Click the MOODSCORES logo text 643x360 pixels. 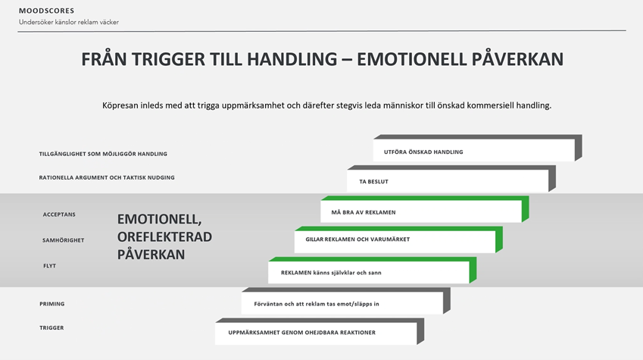point(46,11)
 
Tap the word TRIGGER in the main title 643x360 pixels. point(168,59)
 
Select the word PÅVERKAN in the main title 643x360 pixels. point(517,59)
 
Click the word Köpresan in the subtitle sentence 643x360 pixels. point(120,105)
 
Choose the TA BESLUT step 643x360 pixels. point(451,179)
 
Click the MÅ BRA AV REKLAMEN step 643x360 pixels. point(425,209)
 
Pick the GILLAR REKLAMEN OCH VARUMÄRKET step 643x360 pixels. point(398,239)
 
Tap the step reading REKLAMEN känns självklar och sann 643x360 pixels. point(373,270)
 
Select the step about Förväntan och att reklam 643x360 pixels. point(345,301)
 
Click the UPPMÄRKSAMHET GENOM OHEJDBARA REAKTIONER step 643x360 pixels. point(320,331)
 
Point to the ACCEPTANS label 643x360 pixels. point(59,214)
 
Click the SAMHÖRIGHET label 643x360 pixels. point(63,240)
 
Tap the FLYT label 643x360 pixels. point(50,265)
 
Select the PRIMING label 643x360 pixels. point(52,304)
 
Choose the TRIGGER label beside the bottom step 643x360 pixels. point(52,327)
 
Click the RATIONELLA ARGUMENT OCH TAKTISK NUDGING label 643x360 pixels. point(107,177)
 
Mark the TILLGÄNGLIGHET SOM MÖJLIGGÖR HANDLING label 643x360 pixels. point(103,154)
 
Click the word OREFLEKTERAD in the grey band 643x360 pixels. point(164,237)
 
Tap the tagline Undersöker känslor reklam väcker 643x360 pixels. point(68,22)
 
